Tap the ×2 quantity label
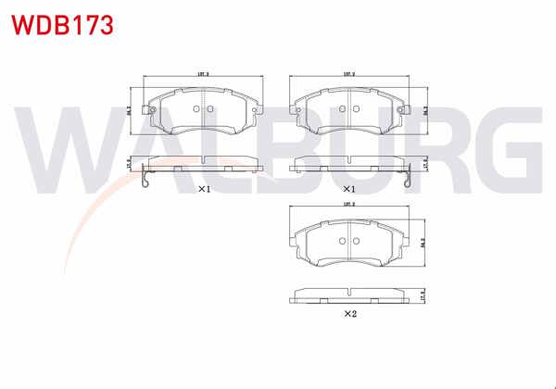pos(349,314)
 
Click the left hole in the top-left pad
pos(197,108)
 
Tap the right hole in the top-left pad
pos(209,108)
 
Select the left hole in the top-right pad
pos(343,108)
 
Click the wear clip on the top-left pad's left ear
pos(145,110)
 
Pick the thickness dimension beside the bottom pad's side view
pos(423,296)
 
